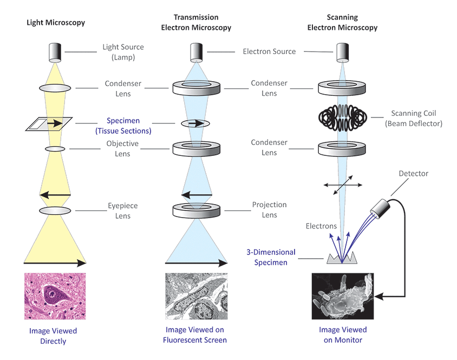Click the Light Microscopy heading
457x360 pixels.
56,23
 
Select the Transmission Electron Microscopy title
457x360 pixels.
195,23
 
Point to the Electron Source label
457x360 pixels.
269,51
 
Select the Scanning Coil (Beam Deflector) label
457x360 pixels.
416,119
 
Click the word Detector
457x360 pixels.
413,174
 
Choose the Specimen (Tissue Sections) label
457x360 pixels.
123,126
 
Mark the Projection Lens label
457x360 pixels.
269,210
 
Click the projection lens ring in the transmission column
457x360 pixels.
195,210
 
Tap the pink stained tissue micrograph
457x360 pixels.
55,296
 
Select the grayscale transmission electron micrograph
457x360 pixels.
195,296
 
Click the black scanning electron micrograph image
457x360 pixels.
342,296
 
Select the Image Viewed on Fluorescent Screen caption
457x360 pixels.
195,335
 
